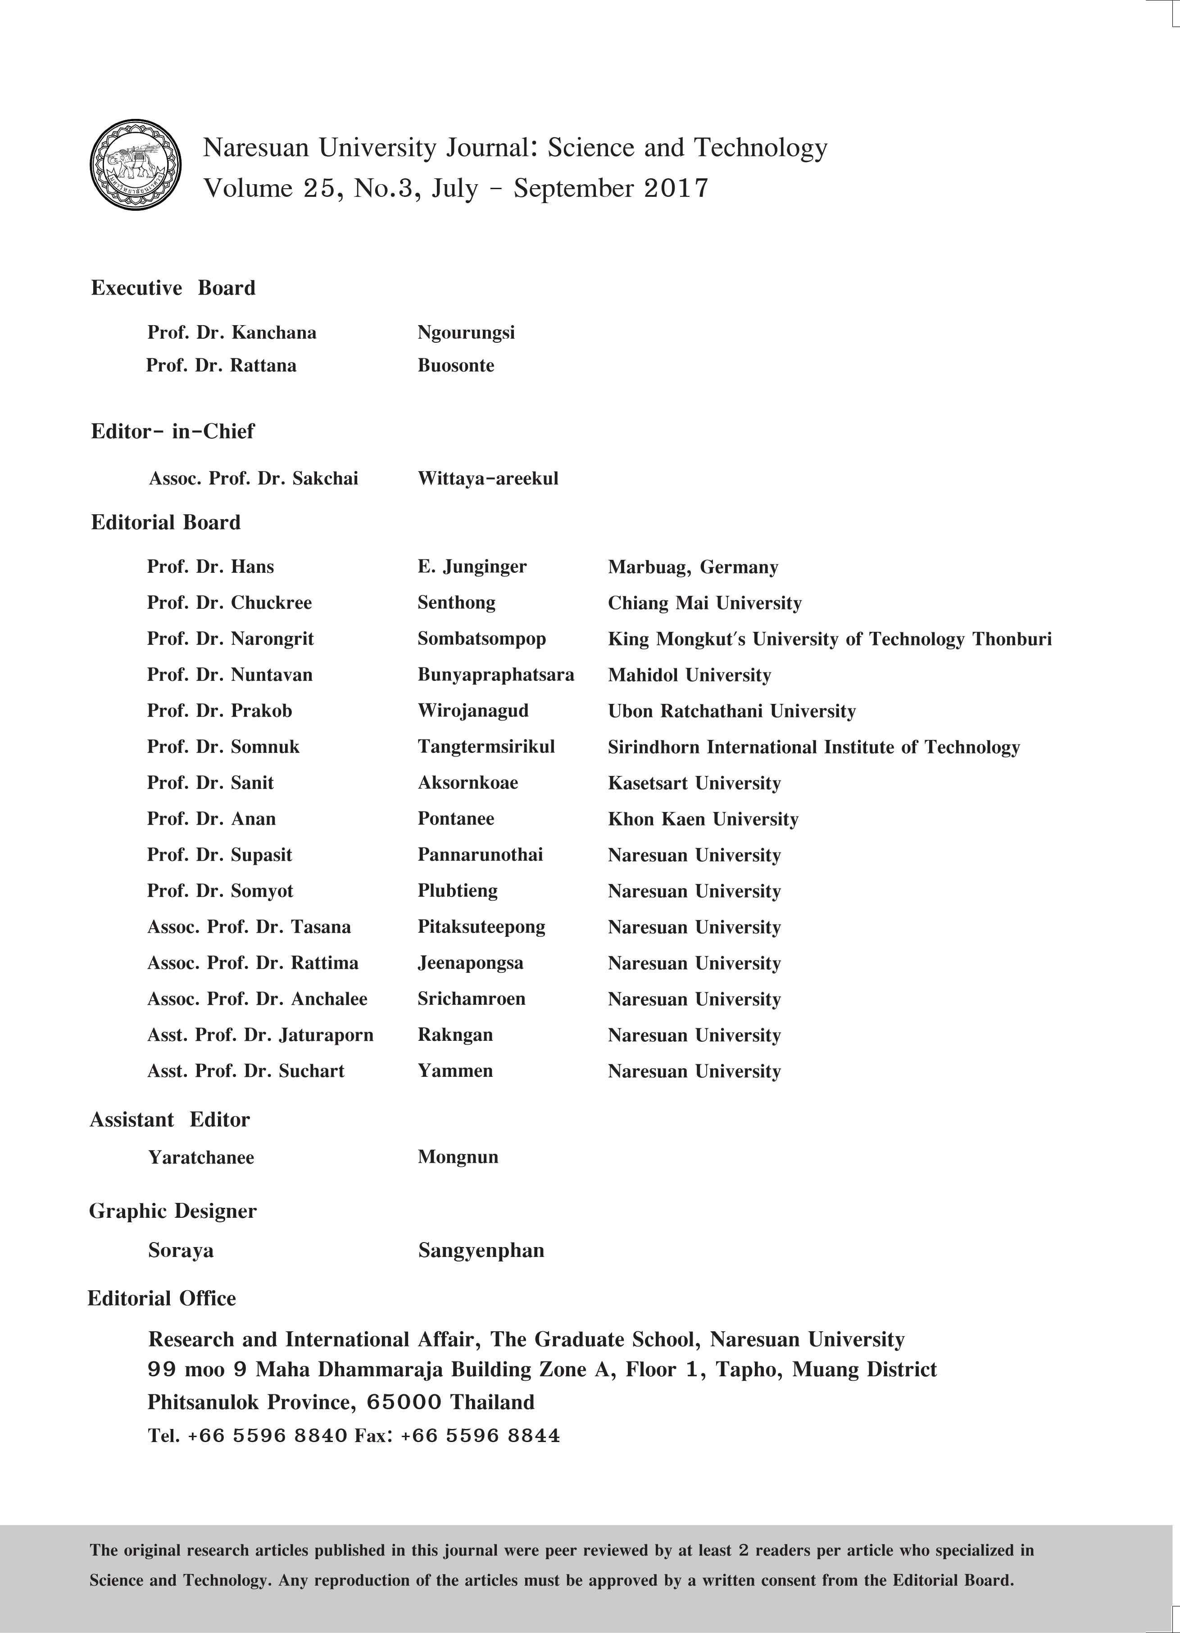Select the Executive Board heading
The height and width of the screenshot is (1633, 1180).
pos(173,288)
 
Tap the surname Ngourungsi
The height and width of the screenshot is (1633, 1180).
pos(466,333)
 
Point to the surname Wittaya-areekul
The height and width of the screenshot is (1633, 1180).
pos(487,479)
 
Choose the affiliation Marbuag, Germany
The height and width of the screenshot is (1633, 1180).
pos(693,567)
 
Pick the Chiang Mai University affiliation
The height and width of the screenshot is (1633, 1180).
pos(704,603)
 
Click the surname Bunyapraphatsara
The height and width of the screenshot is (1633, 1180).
pos(495,676)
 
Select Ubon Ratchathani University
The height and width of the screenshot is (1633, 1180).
pos(731,712)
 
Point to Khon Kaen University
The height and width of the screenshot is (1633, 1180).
pos(703,819)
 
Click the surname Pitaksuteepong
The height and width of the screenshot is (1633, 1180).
pos(481,927)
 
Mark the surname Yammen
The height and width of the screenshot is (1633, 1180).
pos(455,1071)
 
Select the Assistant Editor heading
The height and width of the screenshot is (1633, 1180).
pos(169,1120)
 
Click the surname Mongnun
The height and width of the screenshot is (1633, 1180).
pos(458,1157)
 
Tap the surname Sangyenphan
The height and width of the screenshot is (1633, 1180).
pos(481,1251)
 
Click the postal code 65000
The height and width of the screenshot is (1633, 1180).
pos(404,1402)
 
